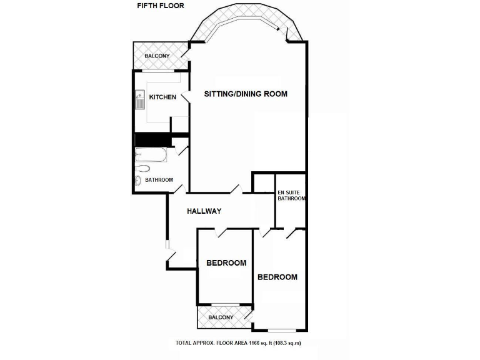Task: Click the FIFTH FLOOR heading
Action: pos(156,6)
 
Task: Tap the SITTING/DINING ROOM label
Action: pos(246,94)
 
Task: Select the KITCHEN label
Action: pos(162,97)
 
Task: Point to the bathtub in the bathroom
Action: pos(151,155)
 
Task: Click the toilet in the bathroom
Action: pos(142,167)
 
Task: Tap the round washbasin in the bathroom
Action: pos(138,181)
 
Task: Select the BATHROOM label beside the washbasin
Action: pos(159,180)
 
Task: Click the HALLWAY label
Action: pos(204,211)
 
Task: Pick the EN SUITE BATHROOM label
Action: pos(291,195)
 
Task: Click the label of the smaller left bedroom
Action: pos(226,263)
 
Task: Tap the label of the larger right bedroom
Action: pos(277,277)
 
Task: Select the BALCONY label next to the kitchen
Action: pos(156,56)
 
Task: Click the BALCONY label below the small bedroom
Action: pos(221,317)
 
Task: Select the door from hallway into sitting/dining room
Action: pos(236,188)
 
